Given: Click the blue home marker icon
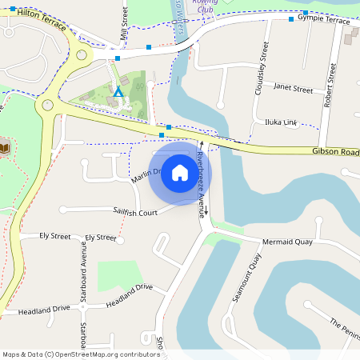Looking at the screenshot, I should tap(180, 174).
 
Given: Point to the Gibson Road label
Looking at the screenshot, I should tap(336, 151).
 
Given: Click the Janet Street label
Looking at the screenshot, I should tap(293, 89).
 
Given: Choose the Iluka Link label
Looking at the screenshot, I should tap(281, 122).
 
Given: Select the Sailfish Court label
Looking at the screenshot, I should tap(135, 212).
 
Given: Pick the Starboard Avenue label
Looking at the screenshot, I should tap(82, 272).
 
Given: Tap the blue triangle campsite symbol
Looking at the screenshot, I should tap(118, 92).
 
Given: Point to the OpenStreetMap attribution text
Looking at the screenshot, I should tap(81, 354).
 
